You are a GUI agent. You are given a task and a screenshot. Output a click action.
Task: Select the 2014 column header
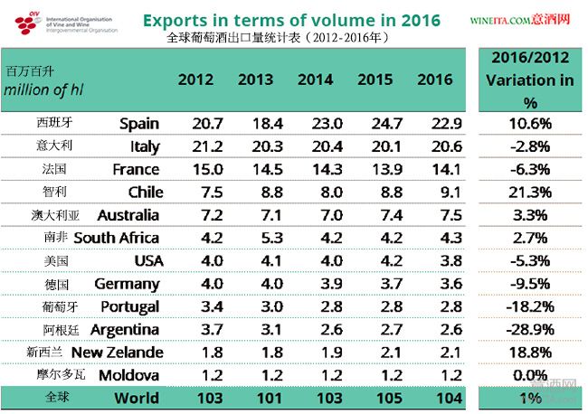pos(316,80)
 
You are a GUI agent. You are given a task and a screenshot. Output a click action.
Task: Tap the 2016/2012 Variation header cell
pos(530,80)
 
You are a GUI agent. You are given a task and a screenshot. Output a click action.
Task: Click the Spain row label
pos(139,123)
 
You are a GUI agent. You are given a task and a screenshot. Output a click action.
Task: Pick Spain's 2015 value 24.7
pos(375,123)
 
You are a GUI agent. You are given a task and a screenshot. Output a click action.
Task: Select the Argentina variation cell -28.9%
pos(530,329)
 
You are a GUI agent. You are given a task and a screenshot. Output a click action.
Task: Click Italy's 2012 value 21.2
pos(196,146)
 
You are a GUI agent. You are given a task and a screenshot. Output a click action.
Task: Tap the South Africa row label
pos(116,238)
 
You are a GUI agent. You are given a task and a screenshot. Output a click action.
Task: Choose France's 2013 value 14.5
pos(255,169)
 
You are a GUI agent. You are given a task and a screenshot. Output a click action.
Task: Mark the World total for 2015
pos(375,398)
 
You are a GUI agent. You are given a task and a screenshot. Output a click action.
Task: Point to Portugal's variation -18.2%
pos(530,306)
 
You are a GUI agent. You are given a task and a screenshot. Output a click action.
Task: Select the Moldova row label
pos(128,375)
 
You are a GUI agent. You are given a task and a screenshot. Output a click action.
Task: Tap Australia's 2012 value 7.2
pos(196,215)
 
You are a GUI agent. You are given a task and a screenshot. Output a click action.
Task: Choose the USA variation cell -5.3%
pos(530,260)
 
